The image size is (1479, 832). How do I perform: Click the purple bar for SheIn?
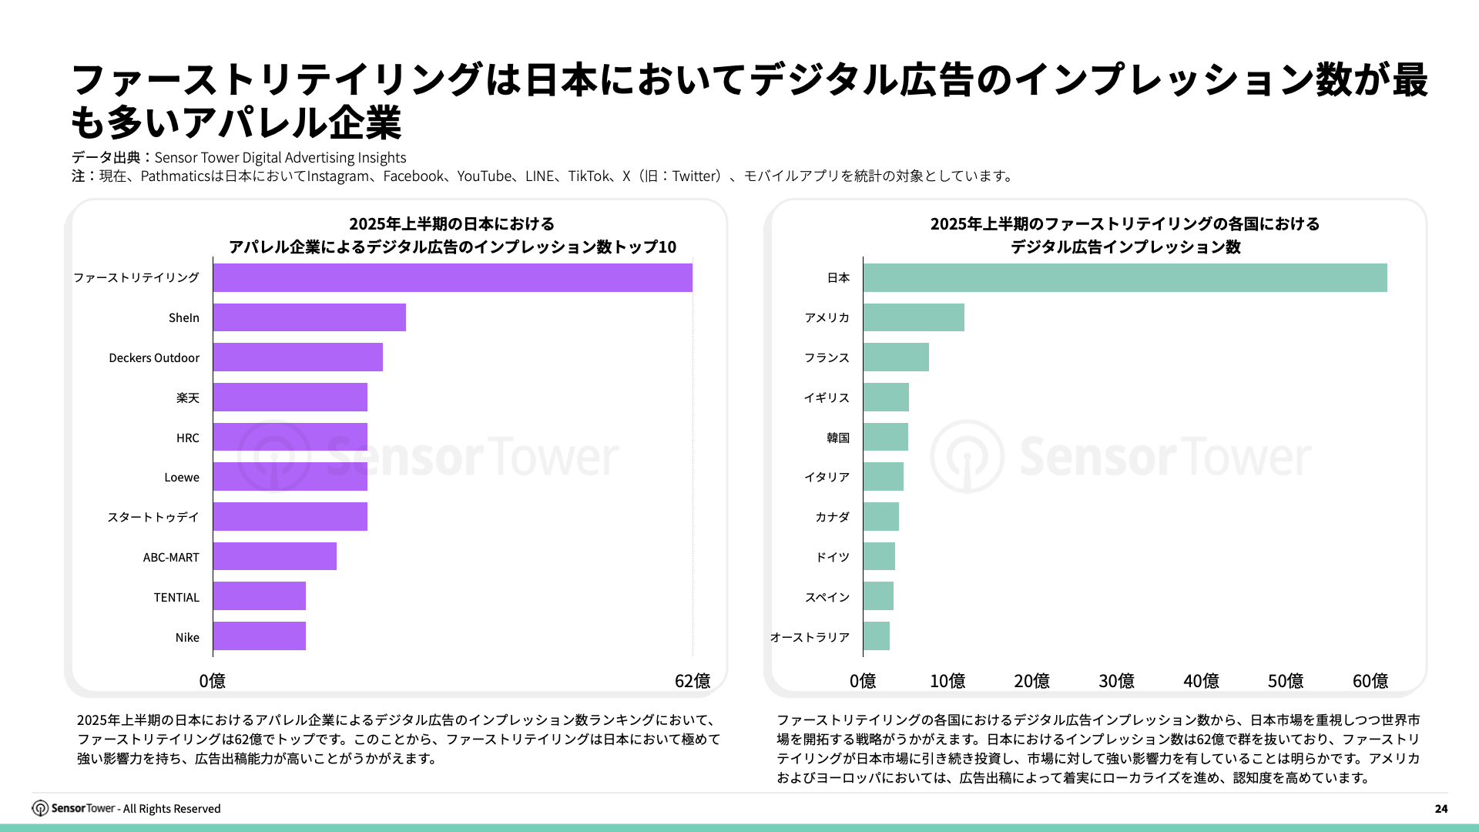[x=309, y=317]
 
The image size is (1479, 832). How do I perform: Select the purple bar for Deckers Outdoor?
[x=297, y=357]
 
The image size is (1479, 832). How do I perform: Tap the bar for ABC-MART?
[x=274, y=556]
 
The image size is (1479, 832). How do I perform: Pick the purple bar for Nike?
[x=259, y=636]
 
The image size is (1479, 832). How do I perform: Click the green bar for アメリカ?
[x=914, y=317]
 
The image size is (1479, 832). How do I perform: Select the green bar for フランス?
[x=896, y=357]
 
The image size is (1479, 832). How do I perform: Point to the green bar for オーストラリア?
[x=877, y=636]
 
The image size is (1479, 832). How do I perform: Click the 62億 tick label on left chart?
[x=692, y=681]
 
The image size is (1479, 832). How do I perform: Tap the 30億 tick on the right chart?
[x=1116, y=681]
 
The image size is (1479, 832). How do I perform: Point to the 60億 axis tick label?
[x=1370, y=681]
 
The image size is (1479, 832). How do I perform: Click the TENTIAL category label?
[x=176, y=597]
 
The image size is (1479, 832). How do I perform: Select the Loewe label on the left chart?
[x=182, y=478]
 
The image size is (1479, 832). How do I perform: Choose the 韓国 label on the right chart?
[x=838, y=438]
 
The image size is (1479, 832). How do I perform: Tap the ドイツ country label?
[x=832, y=557]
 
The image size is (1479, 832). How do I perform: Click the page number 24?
[x=1441, y=809]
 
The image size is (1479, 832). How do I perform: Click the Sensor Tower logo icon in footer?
[x=40, y=808]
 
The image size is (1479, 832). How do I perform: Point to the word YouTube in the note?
[x=484, y=176]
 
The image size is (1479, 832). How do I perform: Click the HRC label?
[x=187, y=438]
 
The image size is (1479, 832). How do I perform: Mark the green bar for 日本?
[x=1125, y=277]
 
